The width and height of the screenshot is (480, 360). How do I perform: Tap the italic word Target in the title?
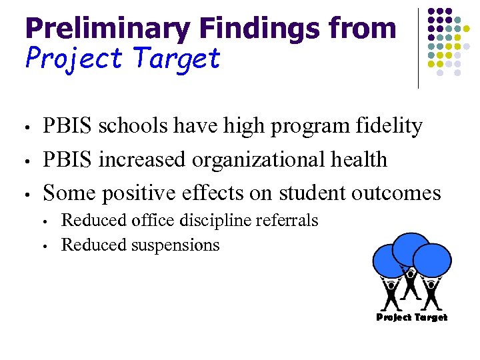177,59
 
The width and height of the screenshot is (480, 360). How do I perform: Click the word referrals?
288,220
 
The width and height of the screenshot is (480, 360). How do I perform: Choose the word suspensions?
176,245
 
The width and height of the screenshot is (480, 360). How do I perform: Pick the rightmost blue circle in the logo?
432,260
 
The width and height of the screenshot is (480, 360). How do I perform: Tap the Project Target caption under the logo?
411,317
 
